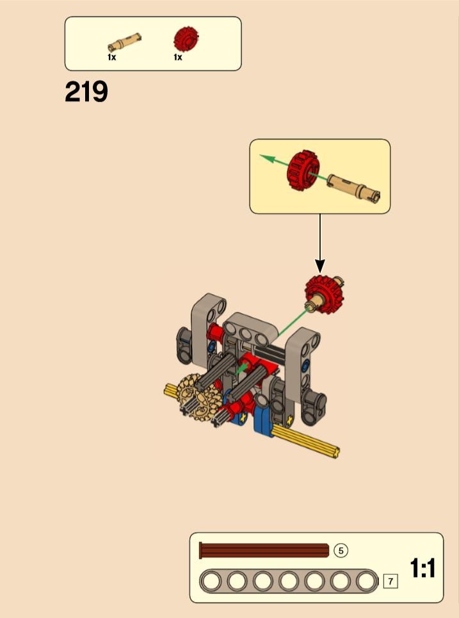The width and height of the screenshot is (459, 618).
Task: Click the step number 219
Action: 86,92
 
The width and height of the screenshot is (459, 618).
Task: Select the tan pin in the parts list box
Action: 124,42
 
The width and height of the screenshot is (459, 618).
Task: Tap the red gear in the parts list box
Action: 186,39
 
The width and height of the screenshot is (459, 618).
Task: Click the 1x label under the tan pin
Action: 112,57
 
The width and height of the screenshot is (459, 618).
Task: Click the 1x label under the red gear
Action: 178,57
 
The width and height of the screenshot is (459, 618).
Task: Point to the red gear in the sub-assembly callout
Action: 303,170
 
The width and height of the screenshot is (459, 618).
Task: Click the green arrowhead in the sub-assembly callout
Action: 266,158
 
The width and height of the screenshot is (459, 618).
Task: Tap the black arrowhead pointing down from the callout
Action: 320,266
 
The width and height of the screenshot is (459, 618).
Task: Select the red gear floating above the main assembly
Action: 325,295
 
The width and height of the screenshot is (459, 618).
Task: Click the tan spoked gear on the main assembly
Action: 198,397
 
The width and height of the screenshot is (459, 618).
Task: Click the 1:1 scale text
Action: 423,568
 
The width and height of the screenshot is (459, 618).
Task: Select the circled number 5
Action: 341,550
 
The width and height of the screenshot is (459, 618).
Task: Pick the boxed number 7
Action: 391,581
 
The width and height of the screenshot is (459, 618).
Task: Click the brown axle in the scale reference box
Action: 264,550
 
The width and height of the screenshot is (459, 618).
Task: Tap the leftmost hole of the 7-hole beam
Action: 212,581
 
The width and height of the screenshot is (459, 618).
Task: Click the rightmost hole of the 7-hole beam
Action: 366,581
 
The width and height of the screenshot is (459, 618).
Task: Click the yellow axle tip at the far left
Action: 166,390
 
